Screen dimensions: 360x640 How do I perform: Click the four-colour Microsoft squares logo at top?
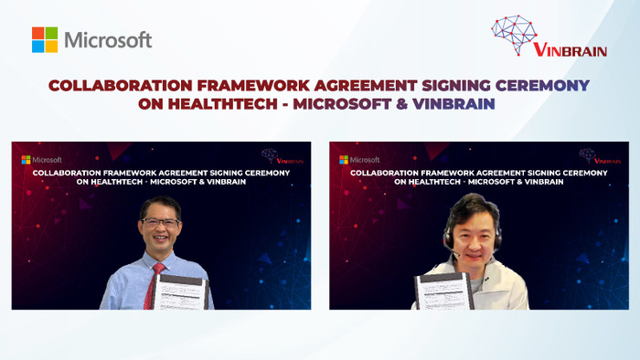(45, 40)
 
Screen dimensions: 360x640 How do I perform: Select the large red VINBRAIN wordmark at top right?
(567, 51)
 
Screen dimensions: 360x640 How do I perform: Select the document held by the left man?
(184, 292)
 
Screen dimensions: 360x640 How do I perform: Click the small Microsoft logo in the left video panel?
(41, 159)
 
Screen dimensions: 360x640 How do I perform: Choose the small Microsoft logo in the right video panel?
(359, 159)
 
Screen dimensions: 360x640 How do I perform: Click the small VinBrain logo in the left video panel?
(280, 156)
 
